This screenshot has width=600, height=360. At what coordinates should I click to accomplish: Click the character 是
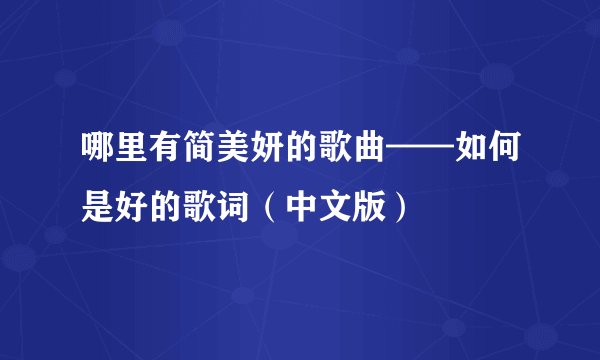(x=99, y=206)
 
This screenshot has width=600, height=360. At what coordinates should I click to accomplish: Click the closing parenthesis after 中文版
(x=401, y=206)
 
